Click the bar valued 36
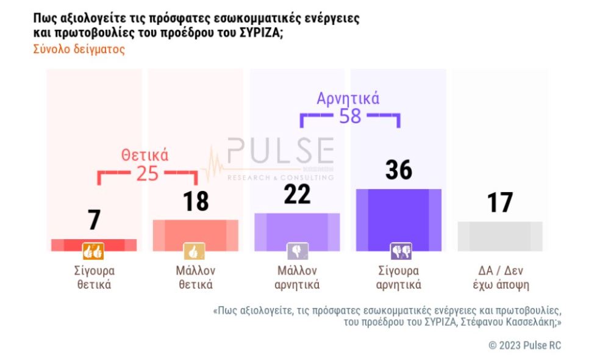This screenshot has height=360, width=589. click(x=399, y=220)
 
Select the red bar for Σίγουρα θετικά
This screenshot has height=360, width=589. click(x=94, y=245)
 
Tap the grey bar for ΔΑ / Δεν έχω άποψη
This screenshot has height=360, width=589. click(x=500, y=236)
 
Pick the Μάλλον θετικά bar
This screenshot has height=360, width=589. click(x=195, y=235)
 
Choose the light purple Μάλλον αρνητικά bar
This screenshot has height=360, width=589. click(x=297, y=232)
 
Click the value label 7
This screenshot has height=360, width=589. click(x=94, y=220)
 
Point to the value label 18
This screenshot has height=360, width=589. click(x=196, y=201)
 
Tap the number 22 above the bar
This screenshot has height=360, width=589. click(x=298, y=194)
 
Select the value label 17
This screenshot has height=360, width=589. click(x=500, y=203)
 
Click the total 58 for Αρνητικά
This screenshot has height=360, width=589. click(x=350, y=116)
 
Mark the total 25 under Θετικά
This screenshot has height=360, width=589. click(x=147, y=174)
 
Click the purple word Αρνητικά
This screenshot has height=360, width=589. click(x=348, y=98)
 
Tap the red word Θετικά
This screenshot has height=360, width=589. click(x=145, y=155)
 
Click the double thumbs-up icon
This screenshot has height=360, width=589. click(x=94, y=251)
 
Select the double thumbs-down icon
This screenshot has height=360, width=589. click(x=401, y=251)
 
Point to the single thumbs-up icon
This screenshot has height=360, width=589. click(x=195, y=251)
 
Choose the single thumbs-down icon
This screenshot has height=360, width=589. click(x=297, y=251)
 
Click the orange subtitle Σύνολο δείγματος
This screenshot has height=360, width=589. click(x=79, y=49)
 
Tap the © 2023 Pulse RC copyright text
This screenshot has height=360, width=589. click(x=524, y=345)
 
